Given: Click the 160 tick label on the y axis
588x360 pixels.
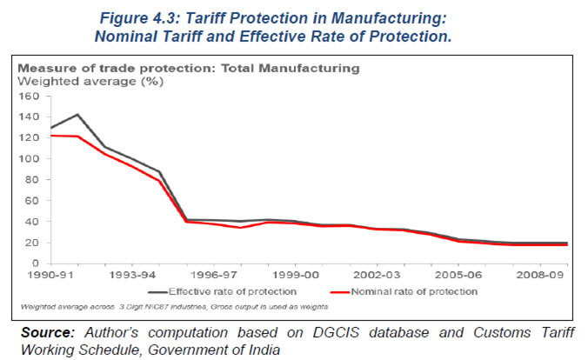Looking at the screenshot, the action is tap(29, 97).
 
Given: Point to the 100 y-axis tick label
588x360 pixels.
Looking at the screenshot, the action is tap(29, 159).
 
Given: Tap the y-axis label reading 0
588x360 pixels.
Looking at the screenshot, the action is tap(36, 263).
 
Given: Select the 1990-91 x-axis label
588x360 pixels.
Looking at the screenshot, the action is tap(50, 275).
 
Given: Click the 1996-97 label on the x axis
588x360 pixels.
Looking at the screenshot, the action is tap(214, 275).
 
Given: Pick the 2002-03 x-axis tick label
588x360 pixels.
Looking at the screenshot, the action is tap(377, 275).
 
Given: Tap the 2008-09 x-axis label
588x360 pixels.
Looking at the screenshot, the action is tap(540, 275).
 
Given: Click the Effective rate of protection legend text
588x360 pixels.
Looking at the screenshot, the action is tap(232, 292).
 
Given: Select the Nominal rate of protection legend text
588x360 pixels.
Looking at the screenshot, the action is tap(414, 292).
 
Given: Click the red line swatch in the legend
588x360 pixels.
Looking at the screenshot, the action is tap(340, 292).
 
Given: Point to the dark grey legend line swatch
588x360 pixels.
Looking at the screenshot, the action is tap(157, 292).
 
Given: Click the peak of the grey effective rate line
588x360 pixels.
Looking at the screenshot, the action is tap(77, 115).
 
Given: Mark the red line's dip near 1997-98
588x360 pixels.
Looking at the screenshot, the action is tap(241, 228).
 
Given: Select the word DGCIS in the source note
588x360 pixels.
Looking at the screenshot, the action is tap(336, 333).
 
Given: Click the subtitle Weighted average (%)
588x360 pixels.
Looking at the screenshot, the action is tap(90, 82).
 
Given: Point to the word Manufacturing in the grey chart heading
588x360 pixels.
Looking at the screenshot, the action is tap(309, 68).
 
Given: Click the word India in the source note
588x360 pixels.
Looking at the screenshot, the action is tap(264, 350).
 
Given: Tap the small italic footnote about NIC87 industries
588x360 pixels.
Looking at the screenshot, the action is tap(174, 307).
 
